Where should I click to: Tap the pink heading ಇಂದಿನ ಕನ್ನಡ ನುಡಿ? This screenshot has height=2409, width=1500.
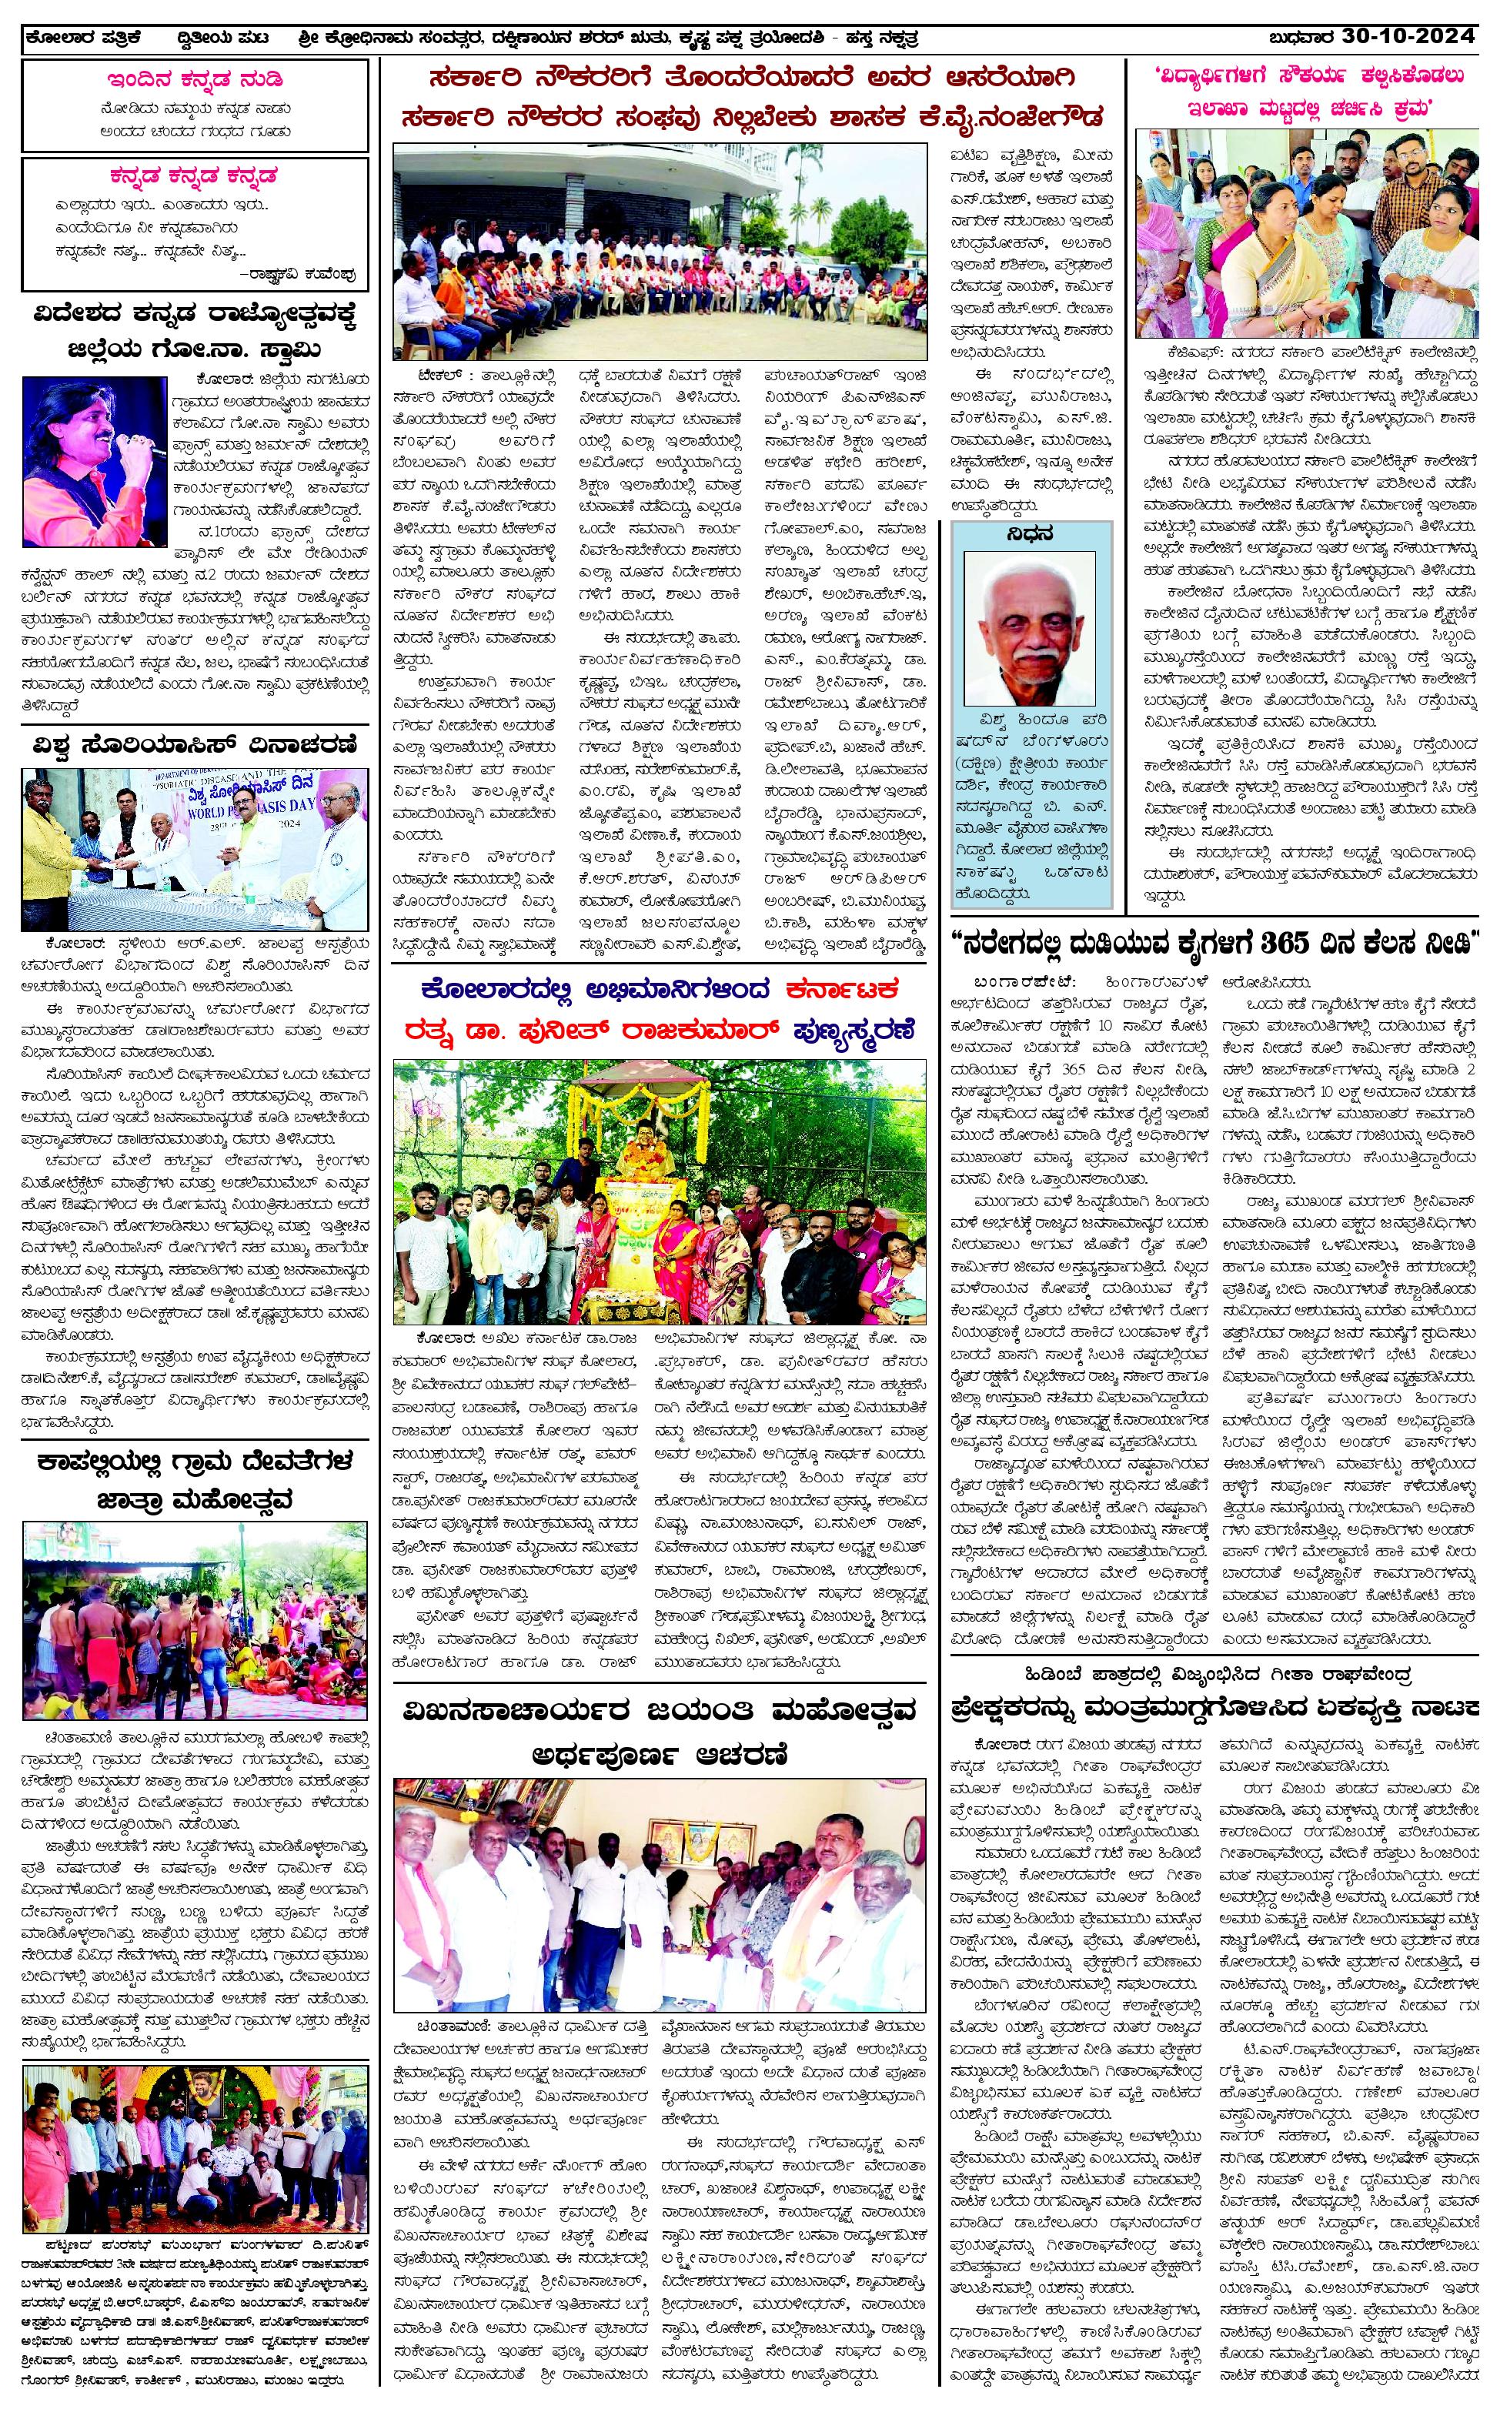click(195, 79)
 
